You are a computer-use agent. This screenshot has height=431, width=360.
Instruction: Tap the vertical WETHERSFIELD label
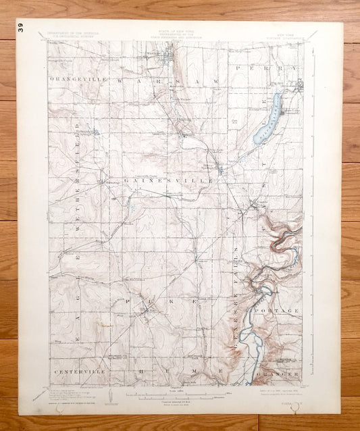[79, 186]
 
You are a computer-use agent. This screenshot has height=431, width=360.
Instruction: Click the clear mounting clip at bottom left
[65, 407]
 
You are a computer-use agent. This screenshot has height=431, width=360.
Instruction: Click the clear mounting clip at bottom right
[292, 407]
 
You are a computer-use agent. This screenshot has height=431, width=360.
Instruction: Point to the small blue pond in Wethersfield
[96, 132]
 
